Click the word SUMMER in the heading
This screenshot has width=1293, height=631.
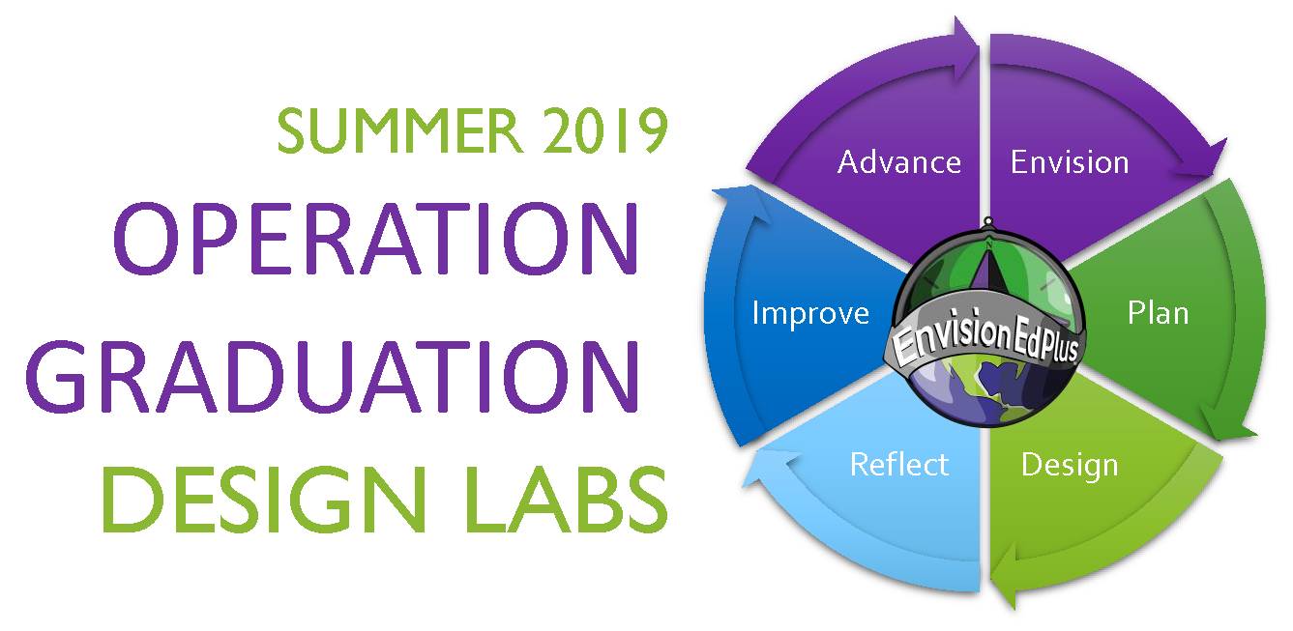(x=399, y=130)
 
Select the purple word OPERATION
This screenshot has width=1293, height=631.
(x=376, y=239)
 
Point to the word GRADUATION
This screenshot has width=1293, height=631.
(x=333, y=377)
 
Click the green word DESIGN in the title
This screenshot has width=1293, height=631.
(x=264, y=500)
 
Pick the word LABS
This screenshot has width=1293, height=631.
(x=566, y=500)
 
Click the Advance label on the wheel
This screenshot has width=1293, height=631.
(x=899, y=162)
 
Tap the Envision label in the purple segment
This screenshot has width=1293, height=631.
(x=1070, y=162)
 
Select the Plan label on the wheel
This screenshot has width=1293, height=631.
(x=1158, y=313)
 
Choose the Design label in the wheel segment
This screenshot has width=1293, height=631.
(x=1070, y=466)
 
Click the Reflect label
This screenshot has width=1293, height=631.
(x=899, y=464)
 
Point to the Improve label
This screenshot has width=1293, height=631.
(x=810, y=314)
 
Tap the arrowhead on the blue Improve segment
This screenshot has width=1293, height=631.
(x=743, y=203)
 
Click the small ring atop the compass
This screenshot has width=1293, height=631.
(x=987, y=221)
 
